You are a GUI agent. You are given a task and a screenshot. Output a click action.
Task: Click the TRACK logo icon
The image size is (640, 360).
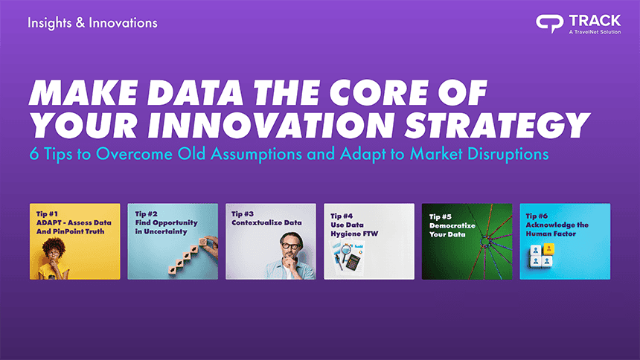coord(550,24)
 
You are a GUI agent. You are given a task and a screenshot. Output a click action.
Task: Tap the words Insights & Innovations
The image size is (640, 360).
coord(93,23)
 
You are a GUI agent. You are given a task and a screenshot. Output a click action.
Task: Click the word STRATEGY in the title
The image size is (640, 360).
coord(497,125)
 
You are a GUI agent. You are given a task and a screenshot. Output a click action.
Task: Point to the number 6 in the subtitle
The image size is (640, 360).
coord(34,154)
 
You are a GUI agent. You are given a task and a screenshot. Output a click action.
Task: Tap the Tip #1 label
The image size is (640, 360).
coord(47,214)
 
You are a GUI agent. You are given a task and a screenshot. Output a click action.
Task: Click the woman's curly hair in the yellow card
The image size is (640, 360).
coord(54,246)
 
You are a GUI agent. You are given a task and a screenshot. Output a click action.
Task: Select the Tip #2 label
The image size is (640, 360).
coord(146,214)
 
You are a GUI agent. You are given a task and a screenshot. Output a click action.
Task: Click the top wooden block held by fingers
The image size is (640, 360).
coord(203,242)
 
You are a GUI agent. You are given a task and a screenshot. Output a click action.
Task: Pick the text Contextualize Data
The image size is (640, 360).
coord(266,223)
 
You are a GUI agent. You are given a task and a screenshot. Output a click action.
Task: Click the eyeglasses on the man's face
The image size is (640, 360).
coord(290,246)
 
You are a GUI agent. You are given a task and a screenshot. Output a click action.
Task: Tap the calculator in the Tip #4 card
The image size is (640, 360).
coord(353,261)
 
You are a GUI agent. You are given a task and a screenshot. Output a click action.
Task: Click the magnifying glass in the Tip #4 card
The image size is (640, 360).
coord(345,251)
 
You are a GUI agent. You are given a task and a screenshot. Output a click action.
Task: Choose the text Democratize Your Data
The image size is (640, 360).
coord(452,230)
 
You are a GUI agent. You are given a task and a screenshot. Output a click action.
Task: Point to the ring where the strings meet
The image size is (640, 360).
coord(485,241)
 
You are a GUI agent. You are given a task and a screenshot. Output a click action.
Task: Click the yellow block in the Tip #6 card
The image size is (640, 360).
coord(548,248)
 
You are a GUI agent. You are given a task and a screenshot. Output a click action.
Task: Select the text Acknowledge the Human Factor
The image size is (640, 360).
coord(557,229)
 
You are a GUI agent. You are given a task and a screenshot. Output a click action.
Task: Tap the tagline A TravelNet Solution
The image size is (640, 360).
coord(595,32)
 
